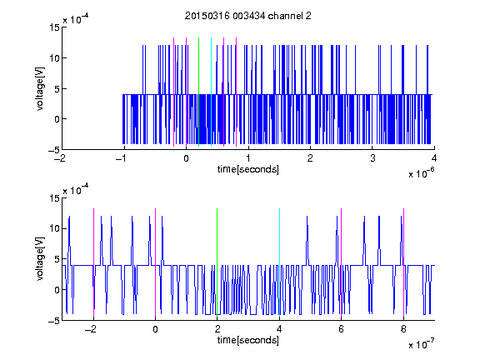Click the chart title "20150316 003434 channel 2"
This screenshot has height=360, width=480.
click(x=248, y=16)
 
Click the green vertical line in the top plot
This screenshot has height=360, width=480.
click(x=198, y=92)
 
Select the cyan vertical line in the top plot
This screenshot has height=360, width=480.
click(x=211, y=92)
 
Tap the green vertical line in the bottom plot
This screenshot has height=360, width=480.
click(x=217, y=262)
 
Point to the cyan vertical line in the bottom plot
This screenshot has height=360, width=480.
click(x=279, y=262)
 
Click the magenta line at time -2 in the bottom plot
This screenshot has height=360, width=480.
click(x=93, y=262)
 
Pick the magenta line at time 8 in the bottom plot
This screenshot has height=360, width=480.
click(x=404, y=262)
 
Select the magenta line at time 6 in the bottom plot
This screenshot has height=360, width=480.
click(x=342, y=262)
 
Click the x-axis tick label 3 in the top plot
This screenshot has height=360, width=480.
click(x=372, y=158)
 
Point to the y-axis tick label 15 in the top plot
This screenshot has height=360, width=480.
click(x=55, y=27)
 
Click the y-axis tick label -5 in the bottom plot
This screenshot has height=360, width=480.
click(x=54, y=321)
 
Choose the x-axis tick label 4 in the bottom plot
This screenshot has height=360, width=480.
click(x=279, y=329)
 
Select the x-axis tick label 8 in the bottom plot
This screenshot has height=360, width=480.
click(x=403, y=329)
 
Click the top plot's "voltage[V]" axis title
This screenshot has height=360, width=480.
click(x=40, y=89)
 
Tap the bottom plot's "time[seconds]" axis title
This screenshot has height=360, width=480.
click(x=248, y=340)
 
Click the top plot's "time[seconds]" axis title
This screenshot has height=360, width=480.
click(x=248, y=169)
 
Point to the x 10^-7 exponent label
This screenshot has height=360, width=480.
click(x=421, y=344)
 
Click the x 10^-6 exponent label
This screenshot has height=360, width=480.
click(x=421, y=173)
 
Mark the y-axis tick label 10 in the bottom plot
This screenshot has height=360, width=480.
click(x=55, y=228)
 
